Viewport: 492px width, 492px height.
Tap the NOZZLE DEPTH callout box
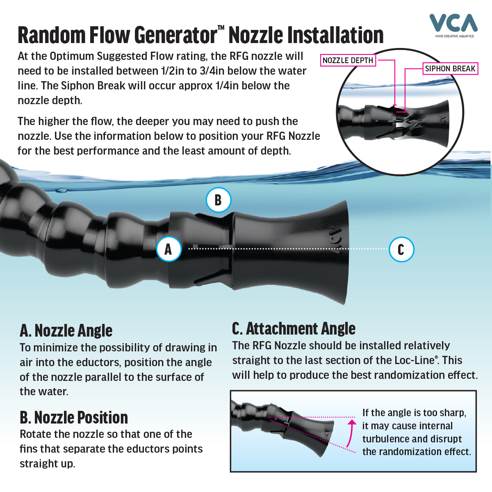click(x=348, y=61)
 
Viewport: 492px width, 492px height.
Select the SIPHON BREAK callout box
click(x=450, y=69)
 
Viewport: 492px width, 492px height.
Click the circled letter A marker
click(x=169, y=249)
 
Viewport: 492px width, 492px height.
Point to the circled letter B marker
click(x=218, y=200)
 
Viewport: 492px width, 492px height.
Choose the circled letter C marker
click(x=401, y=249)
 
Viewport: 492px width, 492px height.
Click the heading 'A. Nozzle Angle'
click(x=66, y=330)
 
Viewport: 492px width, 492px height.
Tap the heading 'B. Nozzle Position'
click(x=74, y=417)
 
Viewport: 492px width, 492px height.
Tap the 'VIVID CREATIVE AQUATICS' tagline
click(x=454, y=36)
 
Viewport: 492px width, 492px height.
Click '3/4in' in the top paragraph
click(x=212, y=71)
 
